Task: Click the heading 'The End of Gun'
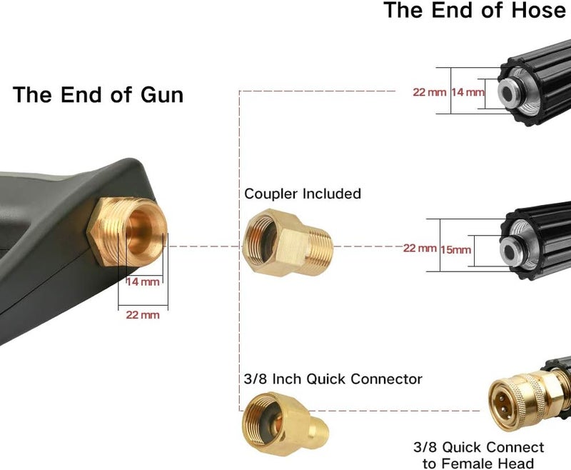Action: (98, 95)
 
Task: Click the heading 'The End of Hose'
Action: (475, 10)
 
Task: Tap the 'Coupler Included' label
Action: (303, 194)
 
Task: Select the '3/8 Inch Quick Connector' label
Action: (333, 379)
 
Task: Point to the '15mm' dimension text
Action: (455, 250)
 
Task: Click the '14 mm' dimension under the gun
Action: (143, 281)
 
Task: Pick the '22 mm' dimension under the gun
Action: (143, 314)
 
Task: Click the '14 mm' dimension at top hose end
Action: (468, 92)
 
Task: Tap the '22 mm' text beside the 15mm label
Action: (420, 248)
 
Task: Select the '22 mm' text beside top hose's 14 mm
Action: (430, 92)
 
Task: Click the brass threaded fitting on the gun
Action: (127, 231)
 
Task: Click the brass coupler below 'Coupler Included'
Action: (288, 242)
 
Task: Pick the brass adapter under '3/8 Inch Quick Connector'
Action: (285, 424)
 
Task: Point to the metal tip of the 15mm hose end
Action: (512, 250)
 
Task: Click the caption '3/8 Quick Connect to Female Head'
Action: (478, 455)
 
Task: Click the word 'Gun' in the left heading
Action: (162, 95)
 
